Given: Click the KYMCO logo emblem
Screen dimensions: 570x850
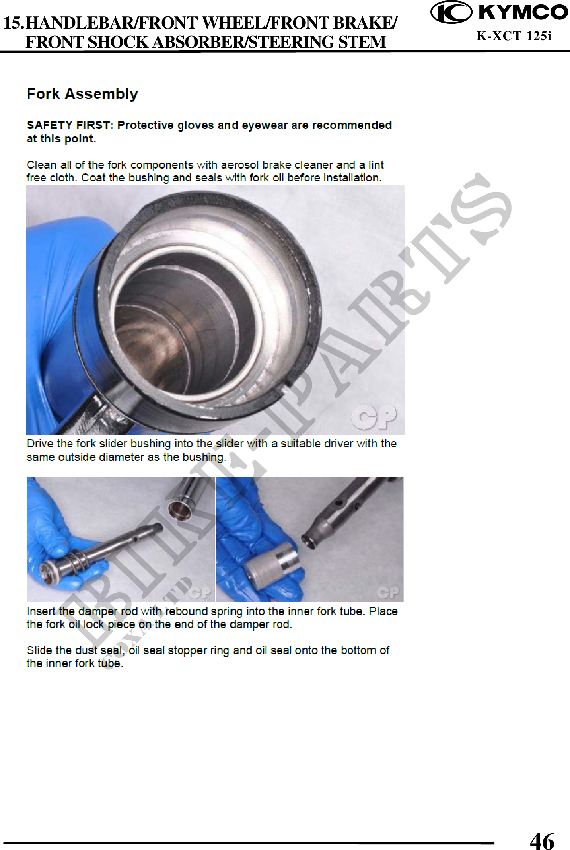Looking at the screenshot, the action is (x=451, y=12).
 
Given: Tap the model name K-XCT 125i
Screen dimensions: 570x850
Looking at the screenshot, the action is (x=514, y=36).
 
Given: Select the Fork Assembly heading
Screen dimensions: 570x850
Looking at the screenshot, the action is (x=82, y=94).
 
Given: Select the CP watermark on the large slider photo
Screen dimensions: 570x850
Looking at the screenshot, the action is (x=374, y=417).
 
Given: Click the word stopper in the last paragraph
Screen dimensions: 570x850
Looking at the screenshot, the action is (x=193, y=651).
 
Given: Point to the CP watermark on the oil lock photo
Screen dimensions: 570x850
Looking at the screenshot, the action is (x=388, y=592).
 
